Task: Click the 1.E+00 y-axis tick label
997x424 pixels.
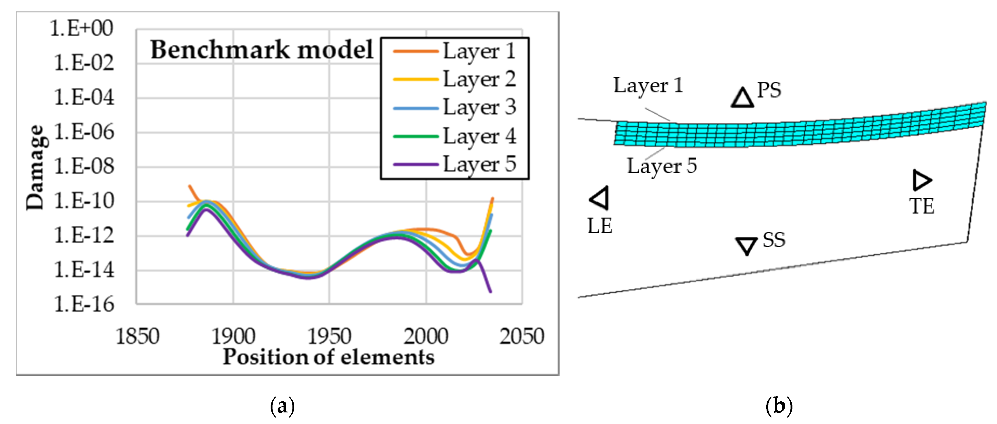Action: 82,28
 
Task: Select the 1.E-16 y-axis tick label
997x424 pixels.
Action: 84,304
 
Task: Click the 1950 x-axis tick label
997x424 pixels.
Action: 329,336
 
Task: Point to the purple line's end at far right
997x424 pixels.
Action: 490,292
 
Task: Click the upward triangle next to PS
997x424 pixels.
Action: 742,98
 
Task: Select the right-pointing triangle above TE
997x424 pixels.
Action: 922,180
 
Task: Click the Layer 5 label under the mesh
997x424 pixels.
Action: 661,166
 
